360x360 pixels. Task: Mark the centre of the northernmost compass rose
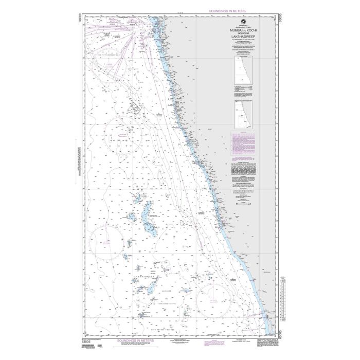click(119, 135)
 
